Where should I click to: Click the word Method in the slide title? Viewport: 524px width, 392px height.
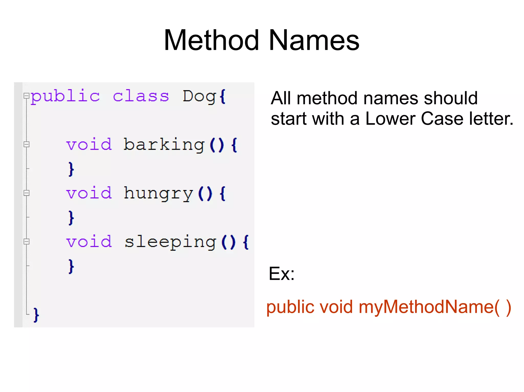click(211, 40)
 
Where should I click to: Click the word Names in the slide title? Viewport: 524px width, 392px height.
click(314, 40)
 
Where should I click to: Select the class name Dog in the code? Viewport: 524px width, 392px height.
click(199, 97)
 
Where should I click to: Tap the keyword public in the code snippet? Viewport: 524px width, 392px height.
click(65, 97)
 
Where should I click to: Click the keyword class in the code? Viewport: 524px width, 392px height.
click(141, 97)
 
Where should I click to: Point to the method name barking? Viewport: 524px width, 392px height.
click(164, 145)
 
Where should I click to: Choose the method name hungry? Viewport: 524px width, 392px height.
click(158, 193)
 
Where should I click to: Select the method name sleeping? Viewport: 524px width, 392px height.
click(170, 242)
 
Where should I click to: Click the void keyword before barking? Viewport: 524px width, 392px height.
click(89, 145)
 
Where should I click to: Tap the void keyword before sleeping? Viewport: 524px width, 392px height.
click(89, 242)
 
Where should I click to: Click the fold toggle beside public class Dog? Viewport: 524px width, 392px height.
click(26, 96)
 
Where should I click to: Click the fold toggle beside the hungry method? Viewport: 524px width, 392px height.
click(26, 193)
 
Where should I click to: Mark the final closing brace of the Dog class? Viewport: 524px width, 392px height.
click(36, 315)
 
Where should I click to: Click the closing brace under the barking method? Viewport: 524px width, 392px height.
click(71, 169)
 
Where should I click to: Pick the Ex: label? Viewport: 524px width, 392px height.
click(281, 274)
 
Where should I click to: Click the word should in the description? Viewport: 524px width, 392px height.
click(451, 98)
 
